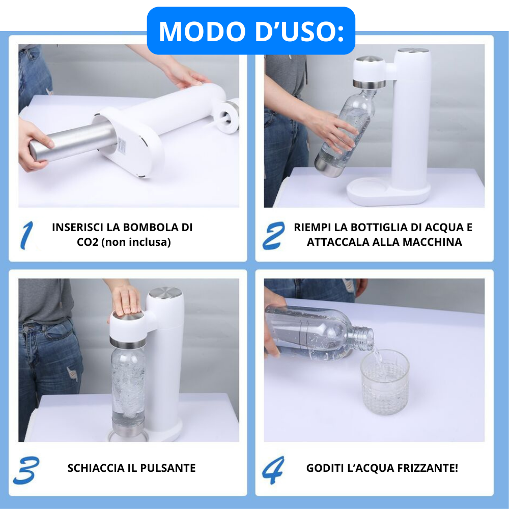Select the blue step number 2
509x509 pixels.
274,235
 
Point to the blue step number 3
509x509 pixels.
26,470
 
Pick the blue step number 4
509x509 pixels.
273,470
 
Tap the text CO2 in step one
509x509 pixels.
88,242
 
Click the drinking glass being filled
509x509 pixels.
385,382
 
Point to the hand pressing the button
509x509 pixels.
126,299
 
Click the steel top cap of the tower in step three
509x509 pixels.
165,292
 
